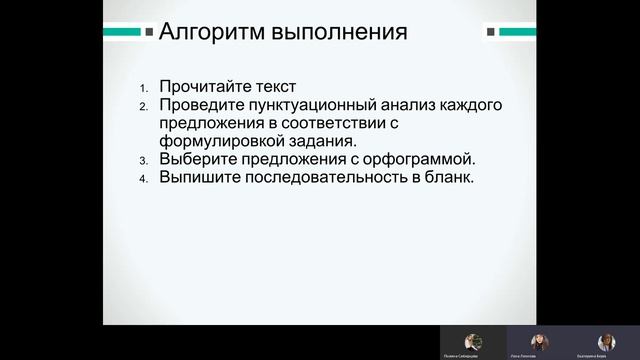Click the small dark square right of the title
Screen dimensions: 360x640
491,32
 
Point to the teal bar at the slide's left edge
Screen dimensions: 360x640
122,32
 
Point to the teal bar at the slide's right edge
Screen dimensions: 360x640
517,32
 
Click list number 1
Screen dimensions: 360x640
143,87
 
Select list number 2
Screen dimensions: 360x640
143,105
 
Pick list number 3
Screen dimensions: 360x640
143,160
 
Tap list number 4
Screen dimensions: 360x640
143,178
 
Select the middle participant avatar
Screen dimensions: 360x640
540,341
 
